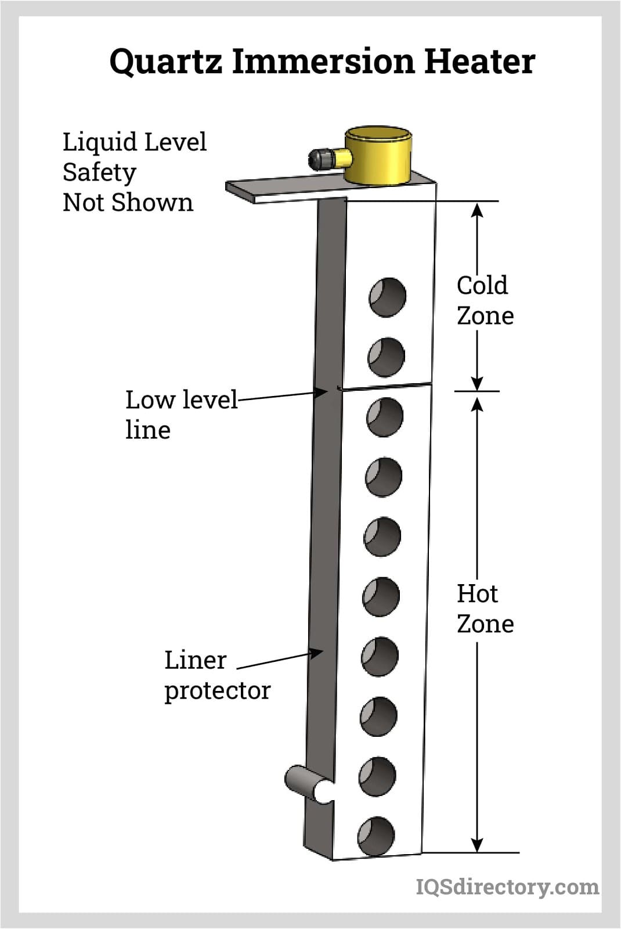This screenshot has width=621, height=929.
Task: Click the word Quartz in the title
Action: click(x=165, y=61)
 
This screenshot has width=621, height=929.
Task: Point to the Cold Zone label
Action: click(x=485, y=300)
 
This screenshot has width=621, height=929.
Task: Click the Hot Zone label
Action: click(x=485, y=608)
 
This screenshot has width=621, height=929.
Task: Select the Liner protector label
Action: click(x=216, y=675)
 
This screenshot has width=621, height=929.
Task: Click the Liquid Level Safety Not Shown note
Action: click(x=134, y=172)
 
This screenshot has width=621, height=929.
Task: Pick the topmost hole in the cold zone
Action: click(x=387, y=297)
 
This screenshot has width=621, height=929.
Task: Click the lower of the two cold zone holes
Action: click(x=386, y=356)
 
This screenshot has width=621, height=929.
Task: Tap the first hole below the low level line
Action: click(x=385, y=417)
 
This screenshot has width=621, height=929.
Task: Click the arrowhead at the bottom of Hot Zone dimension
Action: click(x=477, y=845)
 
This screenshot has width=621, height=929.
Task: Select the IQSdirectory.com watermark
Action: click(x=507, y=887)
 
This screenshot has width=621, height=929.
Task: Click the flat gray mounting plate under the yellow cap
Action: click(x=279, y=190)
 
